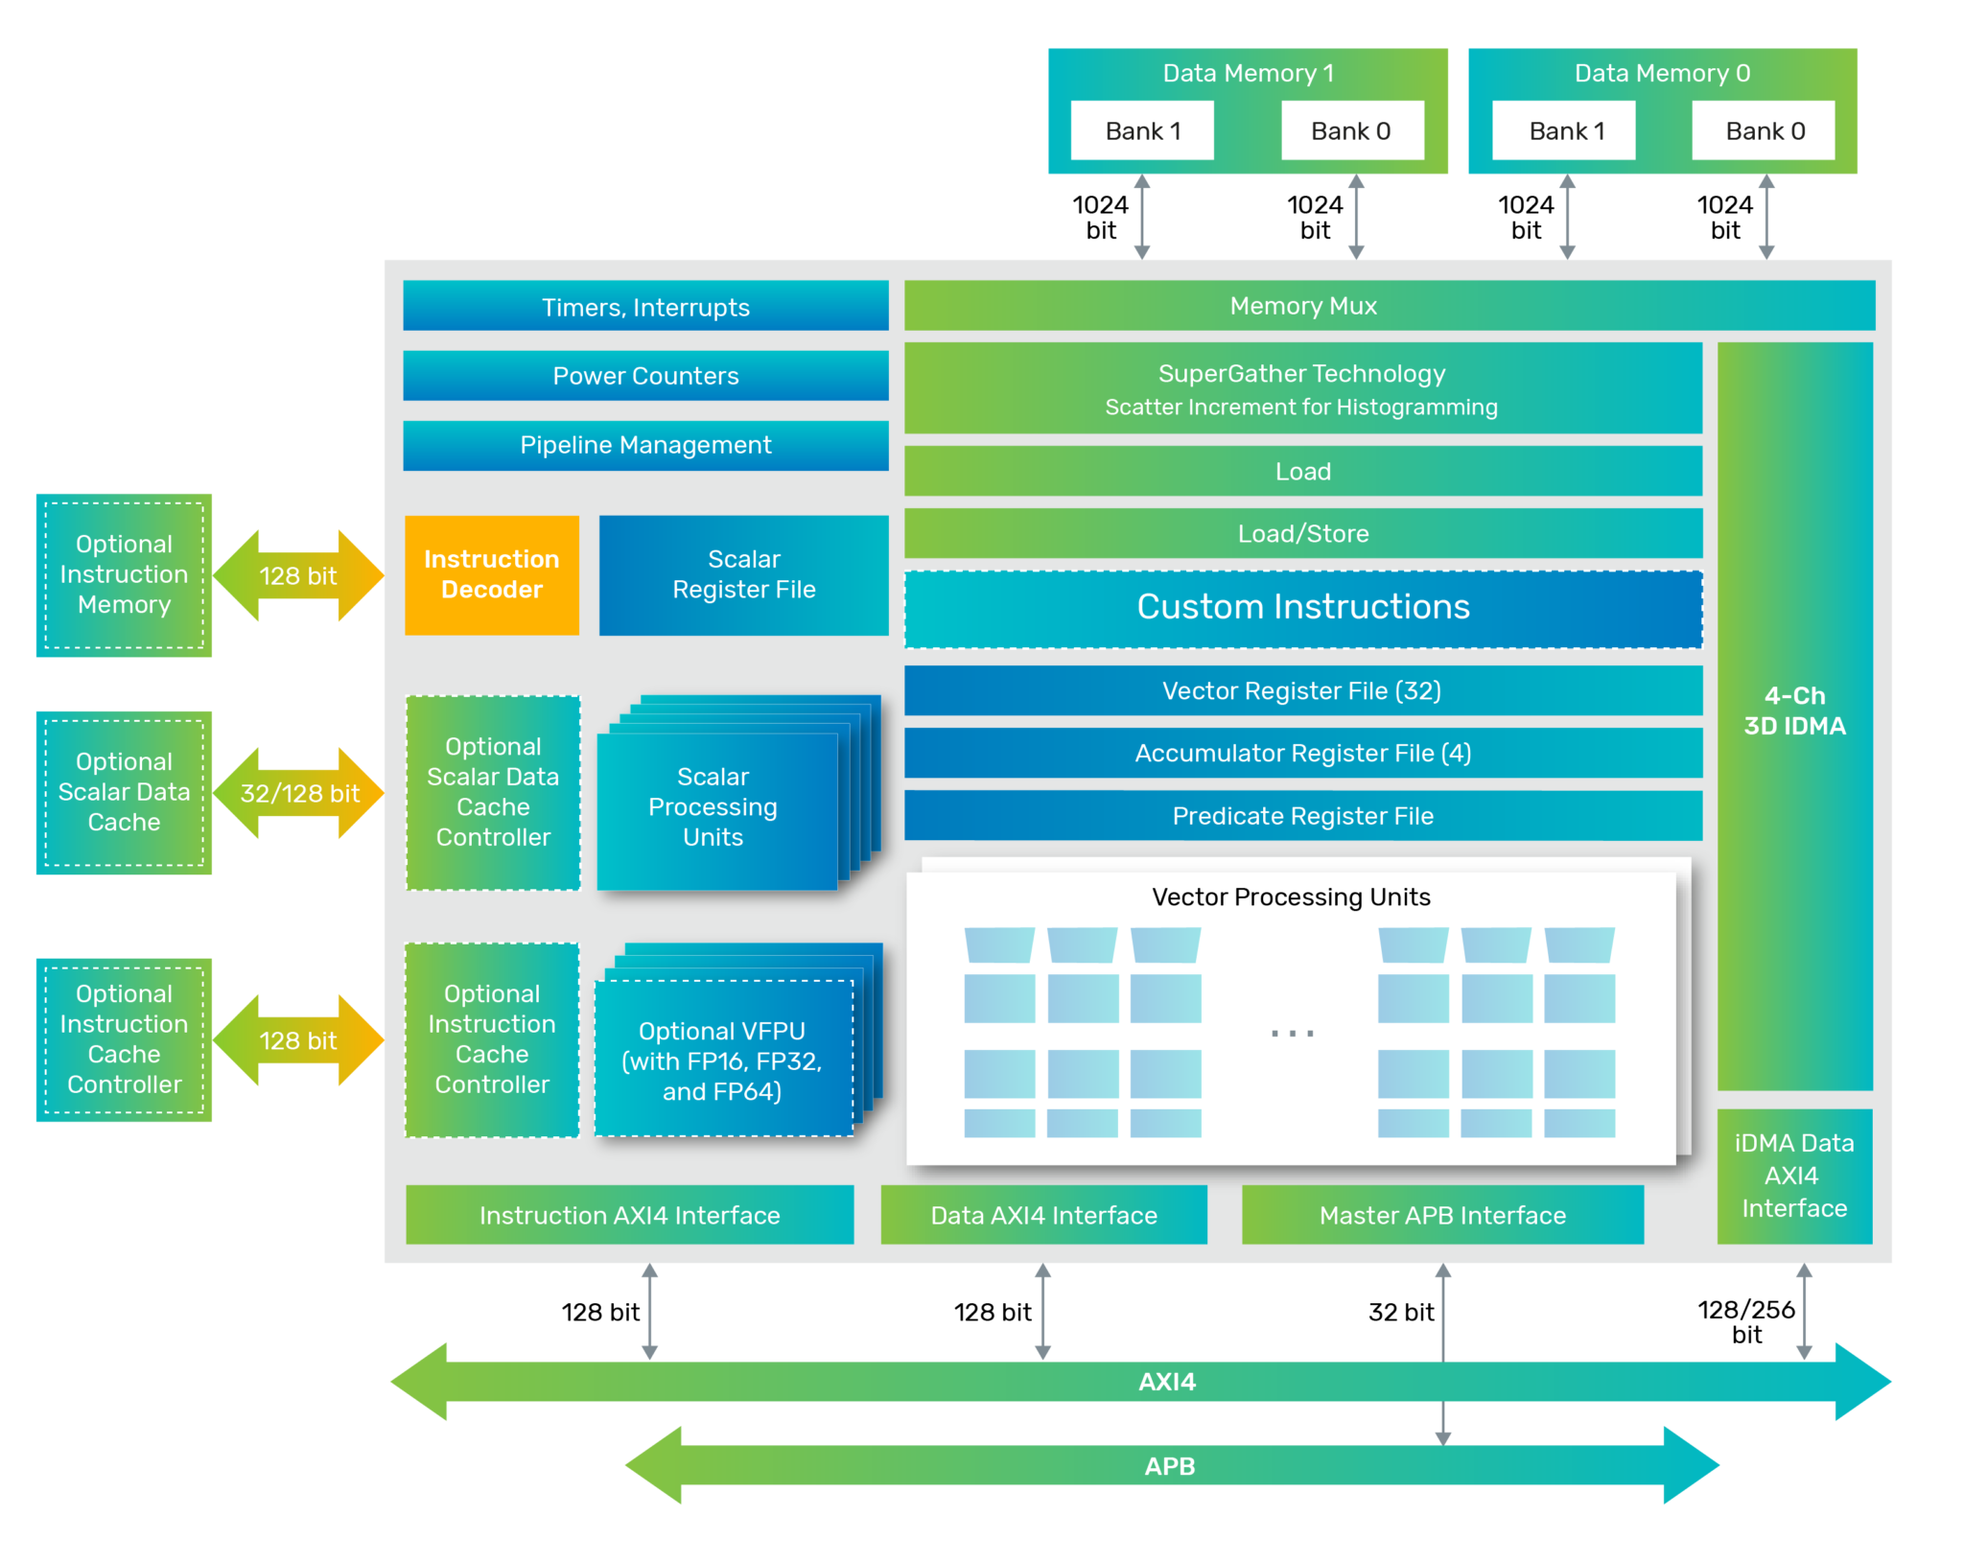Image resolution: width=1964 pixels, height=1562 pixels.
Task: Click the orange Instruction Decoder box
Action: click(491, 574)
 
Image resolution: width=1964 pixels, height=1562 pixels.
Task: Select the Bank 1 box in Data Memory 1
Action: click(1142, 130)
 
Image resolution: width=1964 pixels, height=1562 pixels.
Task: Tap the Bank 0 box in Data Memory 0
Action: click(1764, 130)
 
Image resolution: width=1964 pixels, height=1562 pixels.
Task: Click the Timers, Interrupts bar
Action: click(645, 307)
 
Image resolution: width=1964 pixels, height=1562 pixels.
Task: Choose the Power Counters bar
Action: click(645, 376)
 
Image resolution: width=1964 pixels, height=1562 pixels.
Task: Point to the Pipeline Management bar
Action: click(645, 445)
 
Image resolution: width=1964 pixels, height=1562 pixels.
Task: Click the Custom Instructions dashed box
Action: click(1302, 608)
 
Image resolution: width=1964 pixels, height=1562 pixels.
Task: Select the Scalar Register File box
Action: click(743, 574)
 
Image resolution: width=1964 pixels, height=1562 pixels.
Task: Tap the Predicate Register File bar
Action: click(1302, 816)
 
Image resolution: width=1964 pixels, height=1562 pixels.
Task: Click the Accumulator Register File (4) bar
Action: click(1302, 754)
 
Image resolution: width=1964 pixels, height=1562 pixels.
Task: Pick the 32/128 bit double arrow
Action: click(299, 793)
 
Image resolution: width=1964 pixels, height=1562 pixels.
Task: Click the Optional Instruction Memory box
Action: click(124, 574)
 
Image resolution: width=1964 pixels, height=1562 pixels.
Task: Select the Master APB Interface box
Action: click(1441, 1215)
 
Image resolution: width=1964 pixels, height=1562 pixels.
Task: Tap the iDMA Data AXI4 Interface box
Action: click(1793, 1176)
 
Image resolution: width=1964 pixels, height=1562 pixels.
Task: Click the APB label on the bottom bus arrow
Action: click(1169, 1466)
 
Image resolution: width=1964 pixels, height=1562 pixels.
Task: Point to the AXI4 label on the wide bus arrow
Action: click(1166, 1382)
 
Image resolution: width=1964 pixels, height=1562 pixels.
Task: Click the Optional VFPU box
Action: click(723, 1061)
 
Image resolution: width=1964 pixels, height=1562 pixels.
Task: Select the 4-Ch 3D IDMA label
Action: click(1793, 711)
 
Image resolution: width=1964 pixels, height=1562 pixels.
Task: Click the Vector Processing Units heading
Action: click(1291, 897)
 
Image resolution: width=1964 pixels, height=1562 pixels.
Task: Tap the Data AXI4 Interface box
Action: click(1043, 1215)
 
